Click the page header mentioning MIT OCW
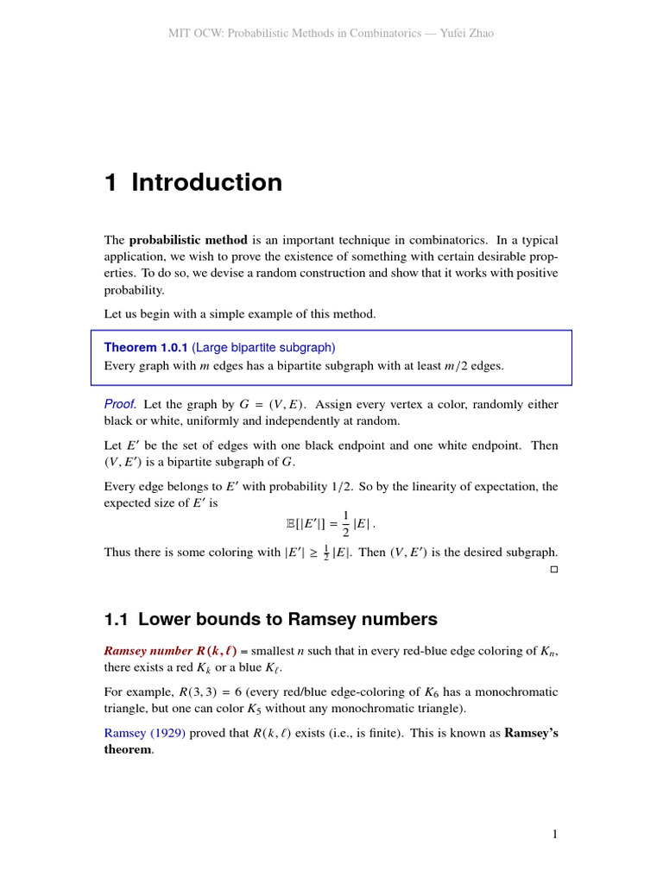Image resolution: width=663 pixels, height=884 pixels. tap(331, 33)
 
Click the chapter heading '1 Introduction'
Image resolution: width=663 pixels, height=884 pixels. tap(193, 183)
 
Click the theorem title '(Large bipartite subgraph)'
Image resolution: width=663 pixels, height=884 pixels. tap(263, 347)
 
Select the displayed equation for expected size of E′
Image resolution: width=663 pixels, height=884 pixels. tap(331, 522)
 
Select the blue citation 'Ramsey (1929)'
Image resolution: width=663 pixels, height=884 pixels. tap(141, 733)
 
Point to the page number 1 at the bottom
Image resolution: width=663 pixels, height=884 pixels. tap(555, 834)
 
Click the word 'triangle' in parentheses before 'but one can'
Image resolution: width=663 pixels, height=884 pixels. tap(127, 709)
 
